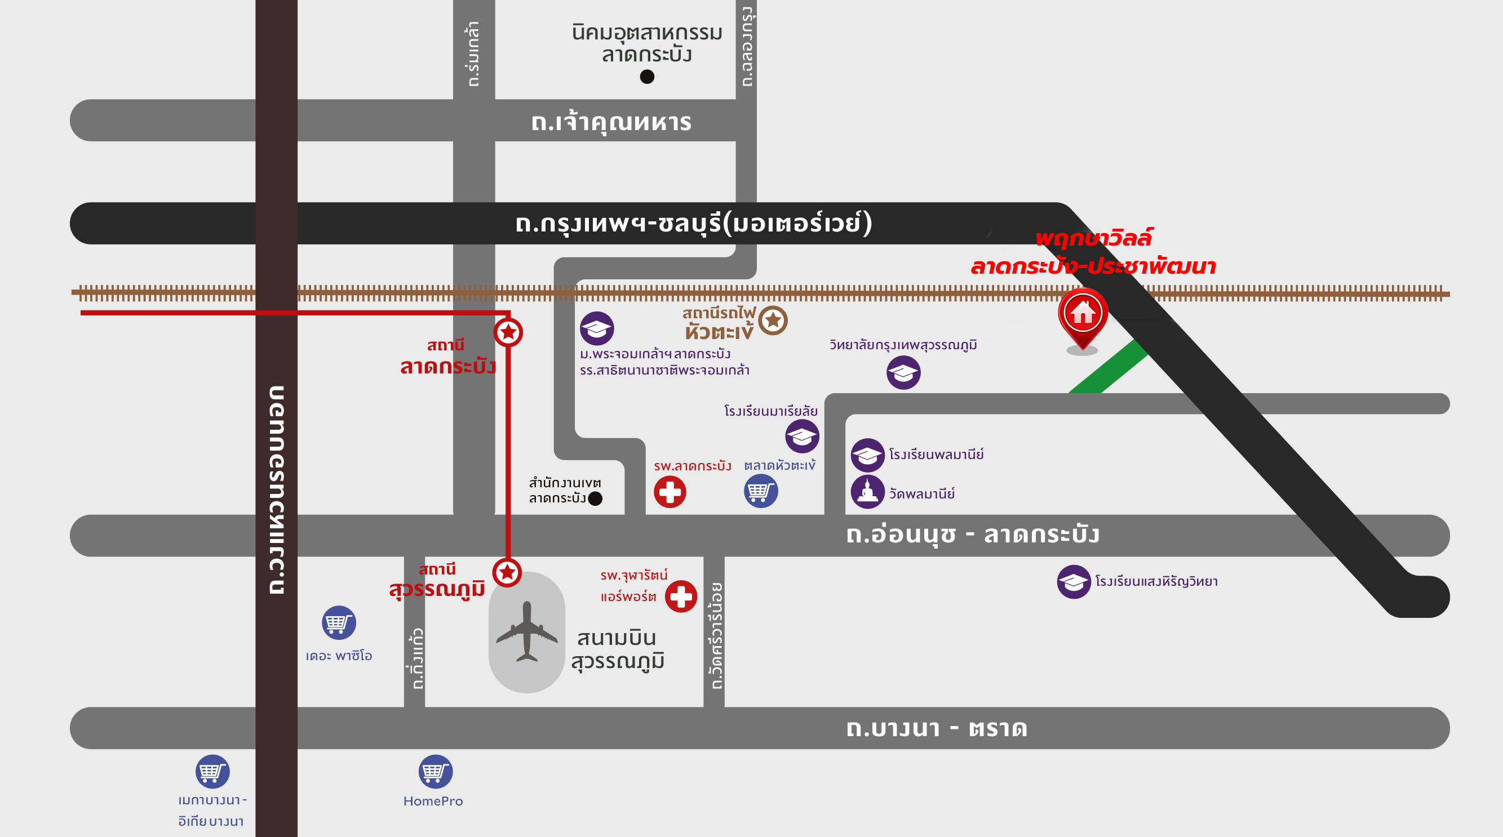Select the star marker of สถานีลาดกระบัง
coord(508,332)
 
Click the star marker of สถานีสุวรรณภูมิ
coord(507,572)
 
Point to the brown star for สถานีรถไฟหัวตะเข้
coord(773,320)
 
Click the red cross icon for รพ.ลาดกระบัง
coord(670,492)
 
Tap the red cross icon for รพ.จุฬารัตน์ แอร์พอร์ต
coord(681,596)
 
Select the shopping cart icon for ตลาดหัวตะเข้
coord(761,491)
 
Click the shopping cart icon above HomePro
coord(435,772)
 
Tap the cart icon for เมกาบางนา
coord(212,772)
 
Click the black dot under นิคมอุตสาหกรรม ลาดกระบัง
coord(647,77)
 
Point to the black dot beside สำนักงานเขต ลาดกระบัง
coord(595,498)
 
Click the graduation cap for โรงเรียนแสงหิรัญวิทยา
coord(1074,581)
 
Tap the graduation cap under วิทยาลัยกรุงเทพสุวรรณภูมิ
coord(903,372)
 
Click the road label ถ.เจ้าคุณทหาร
coord(611,122)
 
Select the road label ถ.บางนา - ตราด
coord(937,728)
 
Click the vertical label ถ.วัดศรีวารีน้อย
coord(715,636)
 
